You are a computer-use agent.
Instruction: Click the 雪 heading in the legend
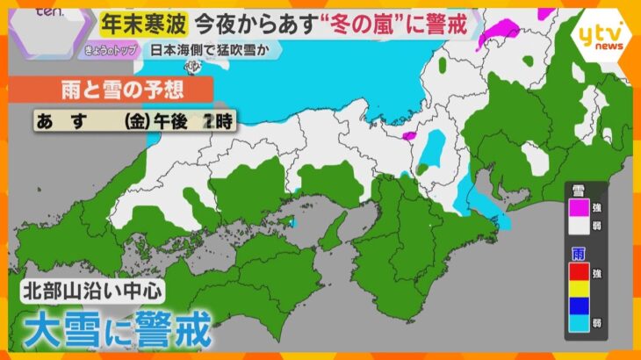(578, 191)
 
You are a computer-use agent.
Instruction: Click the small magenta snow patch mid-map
(407, 136)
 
